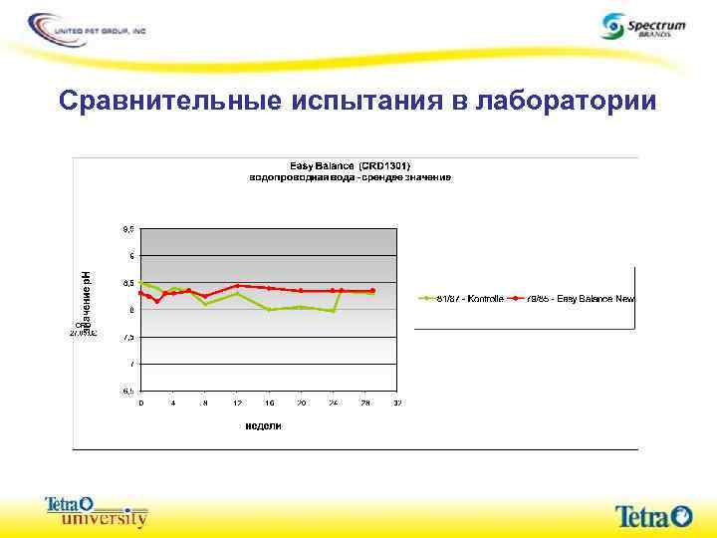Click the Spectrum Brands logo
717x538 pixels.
coord(643,26)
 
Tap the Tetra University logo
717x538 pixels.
coord(97,511)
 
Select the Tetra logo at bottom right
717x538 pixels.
coord(653,515)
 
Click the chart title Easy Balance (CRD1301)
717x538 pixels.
coord(350,165)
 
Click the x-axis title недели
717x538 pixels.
coord(264,425)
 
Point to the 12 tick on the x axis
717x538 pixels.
coord(237,403)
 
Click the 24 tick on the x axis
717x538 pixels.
coord(333,403)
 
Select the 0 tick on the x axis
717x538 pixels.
coord(141,403)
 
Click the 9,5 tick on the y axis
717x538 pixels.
coord(127,229)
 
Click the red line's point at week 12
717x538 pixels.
coord(237,285)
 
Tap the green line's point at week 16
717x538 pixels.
coord(269,310)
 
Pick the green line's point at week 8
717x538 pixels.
coord(205,303)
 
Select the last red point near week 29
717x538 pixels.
coord(372,291)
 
